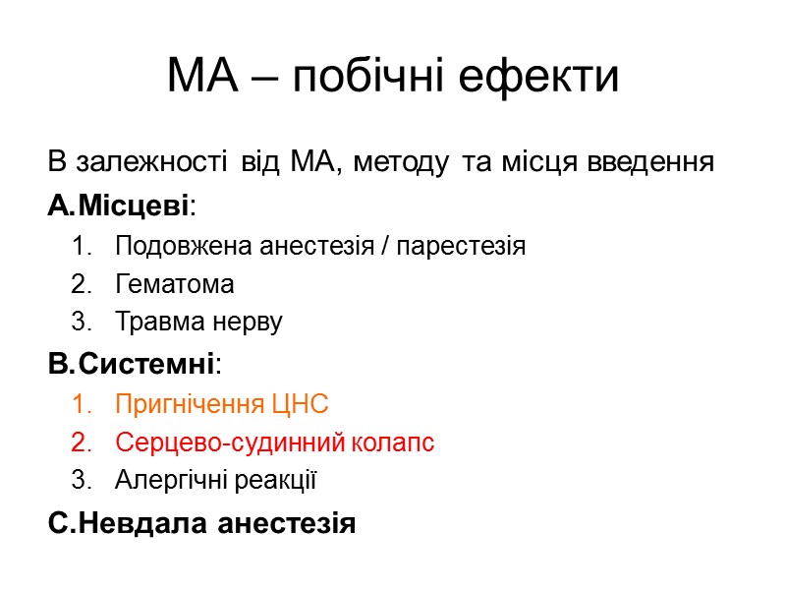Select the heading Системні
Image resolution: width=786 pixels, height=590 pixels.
[146, 365]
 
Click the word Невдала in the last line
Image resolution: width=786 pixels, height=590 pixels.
[139, 522]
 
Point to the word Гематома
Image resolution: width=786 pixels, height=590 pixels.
[175, 285]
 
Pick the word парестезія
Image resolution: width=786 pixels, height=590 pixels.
[464, 246]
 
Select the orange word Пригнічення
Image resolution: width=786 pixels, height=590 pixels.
[189, 404]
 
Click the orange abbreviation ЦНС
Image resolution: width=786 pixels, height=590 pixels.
[298, 404]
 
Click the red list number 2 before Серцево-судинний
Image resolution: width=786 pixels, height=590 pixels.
[79, 443]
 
